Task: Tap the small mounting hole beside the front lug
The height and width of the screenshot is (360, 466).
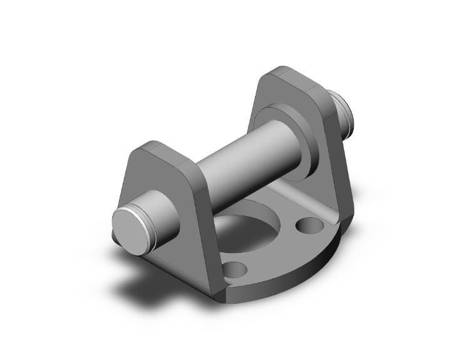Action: pos(236,270)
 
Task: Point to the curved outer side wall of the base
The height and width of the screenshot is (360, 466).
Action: pos(294,275)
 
